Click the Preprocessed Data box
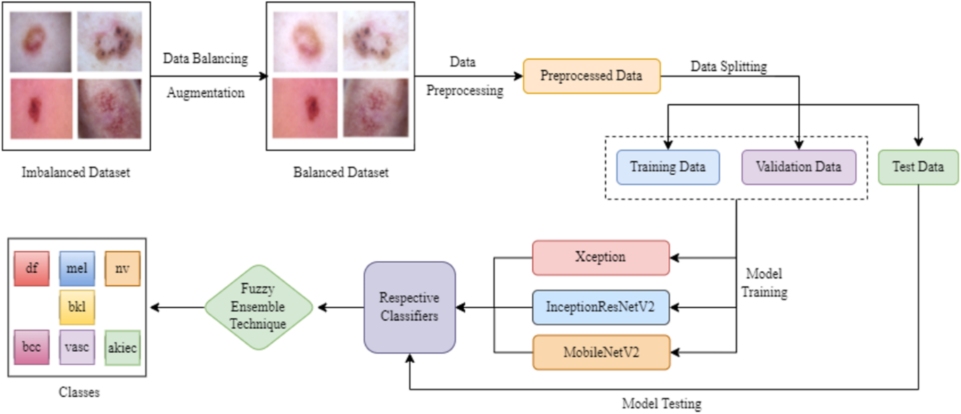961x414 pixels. click(592, 76)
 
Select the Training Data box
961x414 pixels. click(668, 167)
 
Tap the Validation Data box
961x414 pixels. click(798, 167)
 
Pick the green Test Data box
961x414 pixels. click(918, 167)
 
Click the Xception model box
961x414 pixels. click(601, 257)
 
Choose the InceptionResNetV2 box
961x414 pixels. click(601, 307)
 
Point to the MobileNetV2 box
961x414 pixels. click(601, 353)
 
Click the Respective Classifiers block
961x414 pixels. click(409, 307)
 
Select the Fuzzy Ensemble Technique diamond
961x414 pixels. click(258, 307)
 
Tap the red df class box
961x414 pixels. click(32, 269)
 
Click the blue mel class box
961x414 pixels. click(77, 269)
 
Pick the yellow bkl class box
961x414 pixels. click(77, 307)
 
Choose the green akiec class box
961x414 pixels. click(123, 347)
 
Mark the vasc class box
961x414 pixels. click(77, 347)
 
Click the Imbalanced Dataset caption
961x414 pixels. click(76, 172)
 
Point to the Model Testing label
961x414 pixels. click(661, 403)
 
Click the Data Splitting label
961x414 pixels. click(728, 67)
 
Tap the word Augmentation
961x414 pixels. click(205, 93)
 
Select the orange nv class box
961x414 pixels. click(123, 269)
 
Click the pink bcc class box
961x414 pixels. click(32, 347)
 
